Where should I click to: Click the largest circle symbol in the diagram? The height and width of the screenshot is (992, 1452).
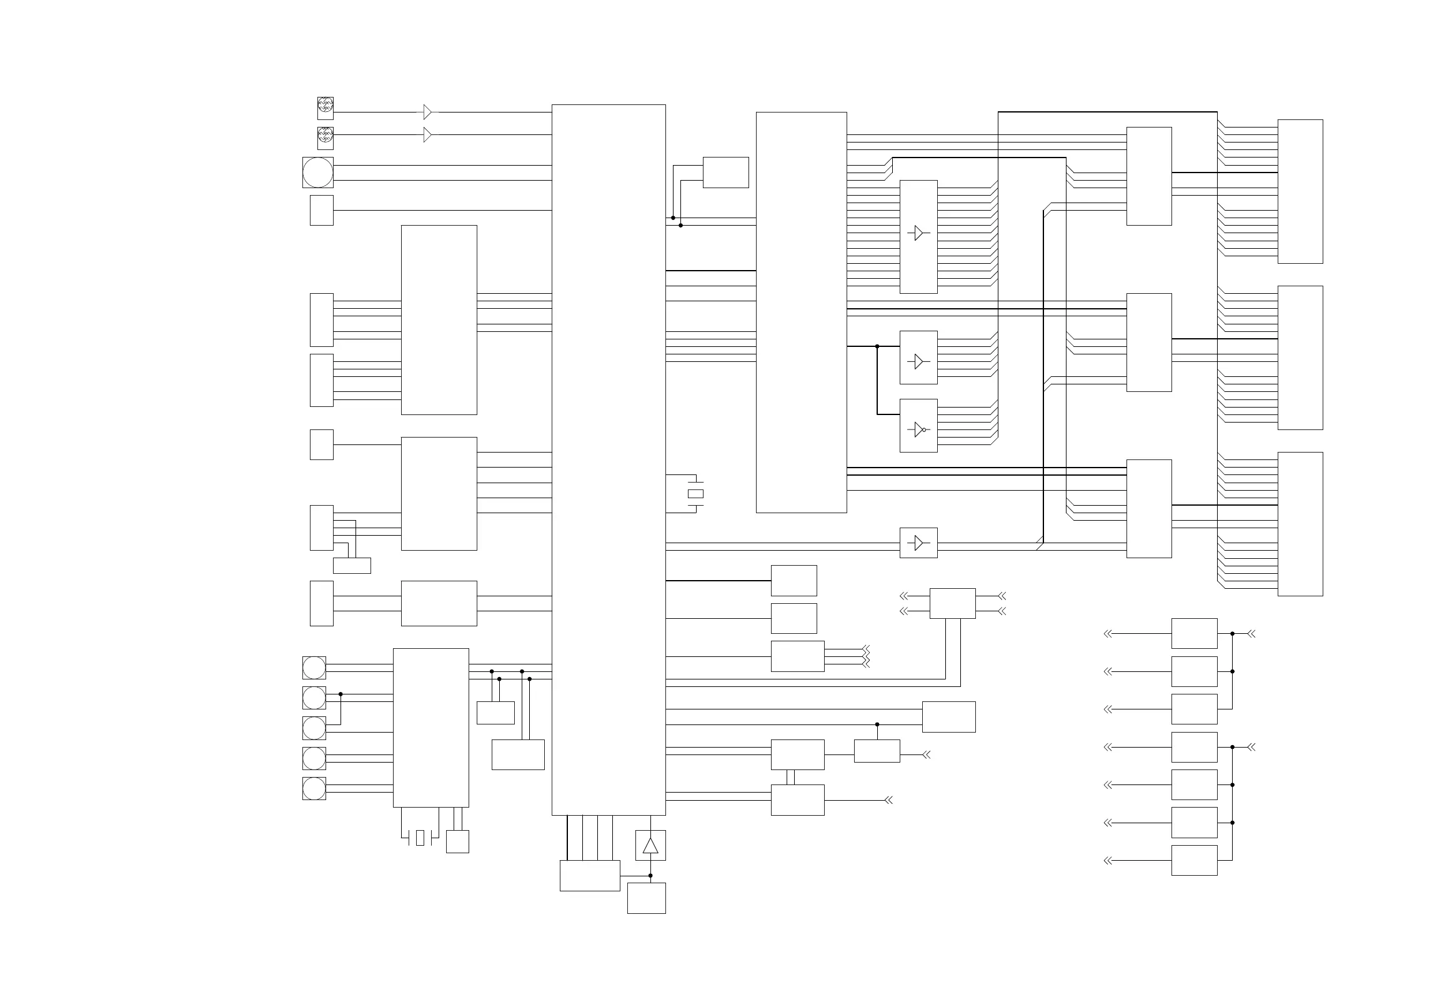click(x=317, y=173)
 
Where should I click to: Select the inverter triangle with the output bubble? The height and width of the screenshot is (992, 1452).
click(x=918, y=429)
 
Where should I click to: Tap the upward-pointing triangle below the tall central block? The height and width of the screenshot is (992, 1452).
click(x=650, y=846)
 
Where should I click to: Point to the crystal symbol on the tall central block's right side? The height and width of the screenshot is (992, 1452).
click(x=695, y=494)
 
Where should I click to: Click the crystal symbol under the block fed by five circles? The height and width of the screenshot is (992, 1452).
click(x=420, y=838)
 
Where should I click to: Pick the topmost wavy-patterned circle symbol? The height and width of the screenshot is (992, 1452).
click(x=326, y=104)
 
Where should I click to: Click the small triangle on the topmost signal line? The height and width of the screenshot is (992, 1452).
click(x=427, y=112)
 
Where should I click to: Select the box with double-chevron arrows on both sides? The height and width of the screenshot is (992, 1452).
click(x=952, y=603)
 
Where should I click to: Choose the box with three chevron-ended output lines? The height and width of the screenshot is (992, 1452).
click(x=797, y=656)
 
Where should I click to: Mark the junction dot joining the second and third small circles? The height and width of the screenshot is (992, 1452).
click(x=341, y=694)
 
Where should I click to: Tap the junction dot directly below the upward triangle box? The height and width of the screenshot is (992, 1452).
click(x=650, y=876)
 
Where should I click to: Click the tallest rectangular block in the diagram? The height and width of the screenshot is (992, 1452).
click(x=609, y=459)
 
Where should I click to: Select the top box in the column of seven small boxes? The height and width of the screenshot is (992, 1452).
click(x=1194, y=634)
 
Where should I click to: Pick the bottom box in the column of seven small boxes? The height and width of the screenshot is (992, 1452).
click(x=1194, y=860)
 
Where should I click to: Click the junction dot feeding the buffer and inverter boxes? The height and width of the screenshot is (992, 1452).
click(x=877, y=346)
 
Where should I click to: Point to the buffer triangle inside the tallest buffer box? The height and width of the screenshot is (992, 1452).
click(x=918, y=233)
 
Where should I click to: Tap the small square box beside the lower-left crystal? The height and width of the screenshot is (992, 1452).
click(x=457, y=841)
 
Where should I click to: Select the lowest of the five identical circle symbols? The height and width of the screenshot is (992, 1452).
click(x=314, y=788)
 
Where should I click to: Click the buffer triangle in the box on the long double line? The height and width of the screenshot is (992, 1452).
click(x=918, y=543)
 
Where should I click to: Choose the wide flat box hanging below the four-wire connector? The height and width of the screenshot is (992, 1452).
click(x=352, y=566)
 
